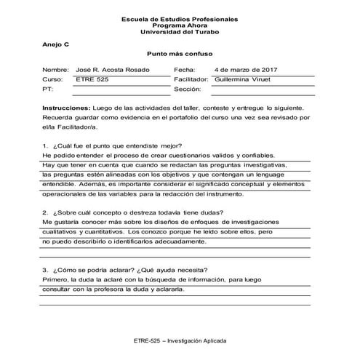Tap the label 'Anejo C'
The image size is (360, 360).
(x=55, y=44)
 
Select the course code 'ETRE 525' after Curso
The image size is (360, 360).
(x=92, y=79)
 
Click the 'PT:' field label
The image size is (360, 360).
(x=48, y=89)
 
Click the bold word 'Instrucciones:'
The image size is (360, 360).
(x=66, y=107)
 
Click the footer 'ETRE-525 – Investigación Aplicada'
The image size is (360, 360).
(x=180, y=340)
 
